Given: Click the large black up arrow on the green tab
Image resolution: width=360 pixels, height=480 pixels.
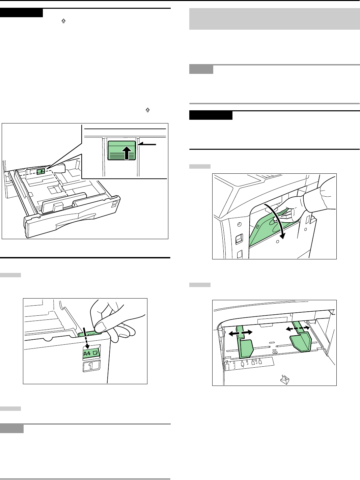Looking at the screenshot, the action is click(x=127, y=153).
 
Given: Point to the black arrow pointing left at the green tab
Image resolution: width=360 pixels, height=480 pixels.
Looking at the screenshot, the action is click(x=146, y=144).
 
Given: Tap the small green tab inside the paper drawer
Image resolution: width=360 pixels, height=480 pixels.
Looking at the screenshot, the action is click(x=41, y=171).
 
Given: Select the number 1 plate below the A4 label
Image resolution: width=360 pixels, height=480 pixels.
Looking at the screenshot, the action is click(x=91, y=366).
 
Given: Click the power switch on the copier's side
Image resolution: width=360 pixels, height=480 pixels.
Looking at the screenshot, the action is click(x=239, y=239).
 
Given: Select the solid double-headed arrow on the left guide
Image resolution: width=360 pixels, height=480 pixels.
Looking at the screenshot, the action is click(x=240, y=333).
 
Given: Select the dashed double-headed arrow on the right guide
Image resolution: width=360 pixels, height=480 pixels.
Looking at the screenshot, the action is click(x=298, y=328).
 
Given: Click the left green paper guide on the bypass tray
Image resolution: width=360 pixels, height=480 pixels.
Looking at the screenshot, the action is click(x=244, y=342).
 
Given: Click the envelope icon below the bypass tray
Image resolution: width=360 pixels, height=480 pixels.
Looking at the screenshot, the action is click(x=284, y=379).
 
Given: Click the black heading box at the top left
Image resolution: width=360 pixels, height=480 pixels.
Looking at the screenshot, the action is click(x=21, y=13).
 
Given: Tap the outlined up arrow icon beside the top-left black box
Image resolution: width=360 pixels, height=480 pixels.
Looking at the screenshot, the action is click(x=63, y=21).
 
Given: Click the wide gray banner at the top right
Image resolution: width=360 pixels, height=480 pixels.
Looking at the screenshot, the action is click(x=275, y=19).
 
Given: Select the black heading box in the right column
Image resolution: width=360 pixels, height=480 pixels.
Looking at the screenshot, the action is click(x=211, y=115).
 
